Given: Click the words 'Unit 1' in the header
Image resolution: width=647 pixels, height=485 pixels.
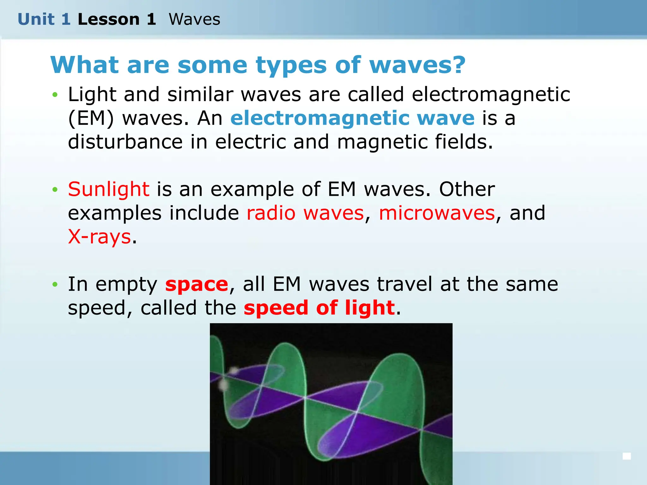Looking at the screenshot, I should coord(44,19).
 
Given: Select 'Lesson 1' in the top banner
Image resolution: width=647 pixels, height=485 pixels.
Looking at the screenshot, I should coord(117,19).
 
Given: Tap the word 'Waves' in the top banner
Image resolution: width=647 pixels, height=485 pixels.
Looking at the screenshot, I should coord(194,19).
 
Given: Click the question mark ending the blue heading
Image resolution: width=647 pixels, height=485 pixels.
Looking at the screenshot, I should coord(457,65).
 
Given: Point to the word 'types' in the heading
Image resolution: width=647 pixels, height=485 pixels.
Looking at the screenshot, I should coord(291,66).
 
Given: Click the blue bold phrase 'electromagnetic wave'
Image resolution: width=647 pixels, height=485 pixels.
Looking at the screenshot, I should coord(352,118).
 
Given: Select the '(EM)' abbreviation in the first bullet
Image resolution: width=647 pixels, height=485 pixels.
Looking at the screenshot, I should coord(91,119).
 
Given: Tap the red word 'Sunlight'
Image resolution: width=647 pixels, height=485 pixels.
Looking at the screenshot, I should coord(108,189).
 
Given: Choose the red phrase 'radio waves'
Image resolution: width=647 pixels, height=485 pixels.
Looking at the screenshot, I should coord(305,213).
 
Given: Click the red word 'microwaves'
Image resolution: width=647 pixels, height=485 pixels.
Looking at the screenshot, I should coord(437,213).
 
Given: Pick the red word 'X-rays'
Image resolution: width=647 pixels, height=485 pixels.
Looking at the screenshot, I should coord(99,237).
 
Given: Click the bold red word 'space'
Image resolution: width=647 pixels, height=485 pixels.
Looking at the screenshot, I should coord(197,284).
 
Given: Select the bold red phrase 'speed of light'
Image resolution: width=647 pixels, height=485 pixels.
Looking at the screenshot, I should coord(319,308).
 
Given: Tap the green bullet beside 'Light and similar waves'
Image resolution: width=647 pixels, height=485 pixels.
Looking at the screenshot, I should coord(55,95).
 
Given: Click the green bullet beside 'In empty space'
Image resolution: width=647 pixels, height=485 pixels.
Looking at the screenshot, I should coord(55,284).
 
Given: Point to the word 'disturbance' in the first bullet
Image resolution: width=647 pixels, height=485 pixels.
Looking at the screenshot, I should coord(125,142).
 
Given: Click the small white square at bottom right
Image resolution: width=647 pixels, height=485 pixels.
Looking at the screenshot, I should coord(627,456).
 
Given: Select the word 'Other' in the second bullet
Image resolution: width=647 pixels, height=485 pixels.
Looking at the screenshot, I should coord(467,189).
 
